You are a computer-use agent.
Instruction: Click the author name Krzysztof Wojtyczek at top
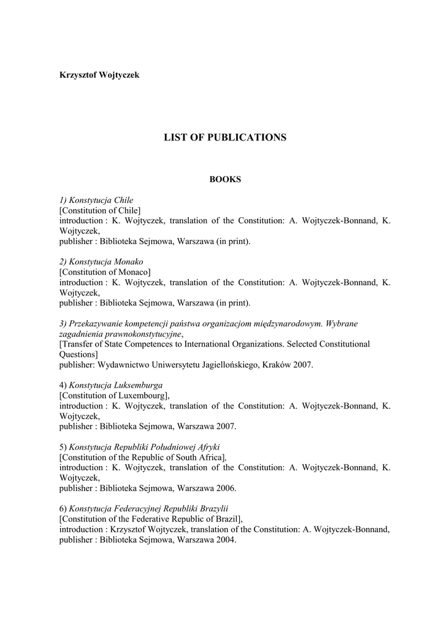[99, 75]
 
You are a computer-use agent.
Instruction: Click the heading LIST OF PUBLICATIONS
[225, 137]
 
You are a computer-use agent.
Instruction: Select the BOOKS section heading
[225, 180]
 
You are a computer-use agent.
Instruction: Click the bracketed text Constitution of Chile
[100, 210]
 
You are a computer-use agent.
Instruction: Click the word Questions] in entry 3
[78, 354]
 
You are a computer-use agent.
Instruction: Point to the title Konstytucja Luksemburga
[115, 385]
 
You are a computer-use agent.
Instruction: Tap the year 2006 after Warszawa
[226, 489]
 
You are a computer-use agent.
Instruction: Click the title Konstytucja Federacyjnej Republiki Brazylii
[148, 509]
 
